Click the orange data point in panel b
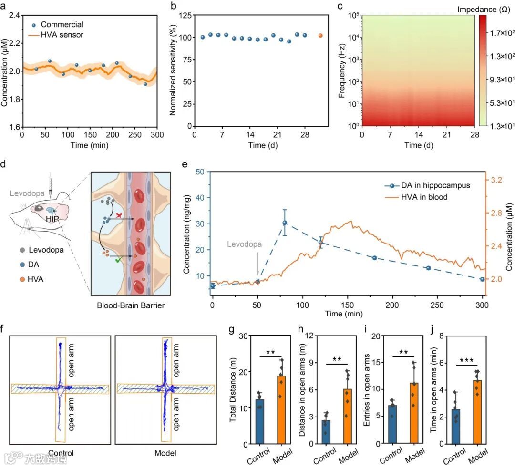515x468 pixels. click(x=320, y=36)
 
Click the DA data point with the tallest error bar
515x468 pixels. click(x=285, y=223)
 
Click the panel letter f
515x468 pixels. click(x=4, y=328)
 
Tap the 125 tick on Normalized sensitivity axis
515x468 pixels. click(x=182, y=15)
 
